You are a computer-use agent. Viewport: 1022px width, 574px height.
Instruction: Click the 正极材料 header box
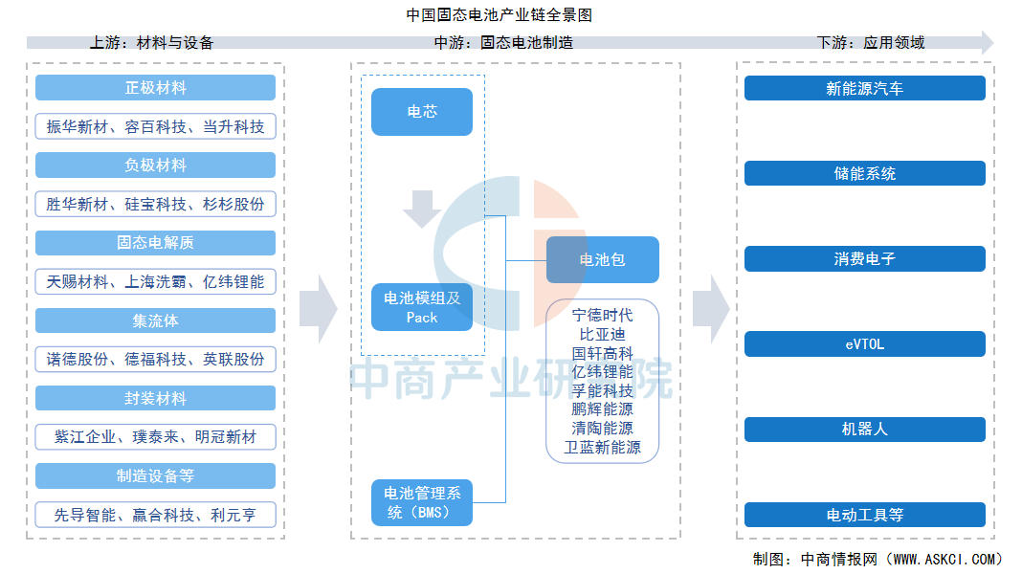(155, 88)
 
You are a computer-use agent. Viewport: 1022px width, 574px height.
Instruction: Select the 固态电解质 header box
(155, 243)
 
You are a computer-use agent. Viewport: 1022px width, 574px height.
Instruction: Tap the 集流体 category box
(155, 320)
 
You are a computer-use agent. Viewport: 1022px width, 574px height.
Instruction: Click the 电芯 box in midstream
(422, 112)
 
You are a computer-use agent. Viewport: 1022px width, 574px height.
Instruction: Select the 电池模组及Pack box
(422, 307)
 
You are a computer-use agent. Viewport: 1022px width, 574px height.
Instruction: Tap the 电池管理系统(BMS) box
(422, 503)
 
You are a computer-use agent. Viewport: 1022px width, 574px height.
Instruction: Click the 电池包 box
(603, 259)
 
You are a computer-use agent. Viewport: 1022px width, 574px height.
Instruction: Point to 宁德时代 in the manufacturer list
(603, 315)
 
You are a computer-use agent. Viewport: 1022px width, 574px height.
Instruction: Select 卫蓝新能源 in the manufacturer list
(603, 448)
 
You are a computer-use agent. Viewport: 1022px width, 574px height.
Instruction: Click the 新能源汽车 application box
(864, 88)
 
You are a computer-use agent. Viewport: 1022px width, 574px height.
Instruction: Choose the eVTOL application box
(864, 344)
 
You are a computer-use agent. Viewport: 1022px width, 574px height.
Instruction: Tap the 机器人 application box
(864, 430)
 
